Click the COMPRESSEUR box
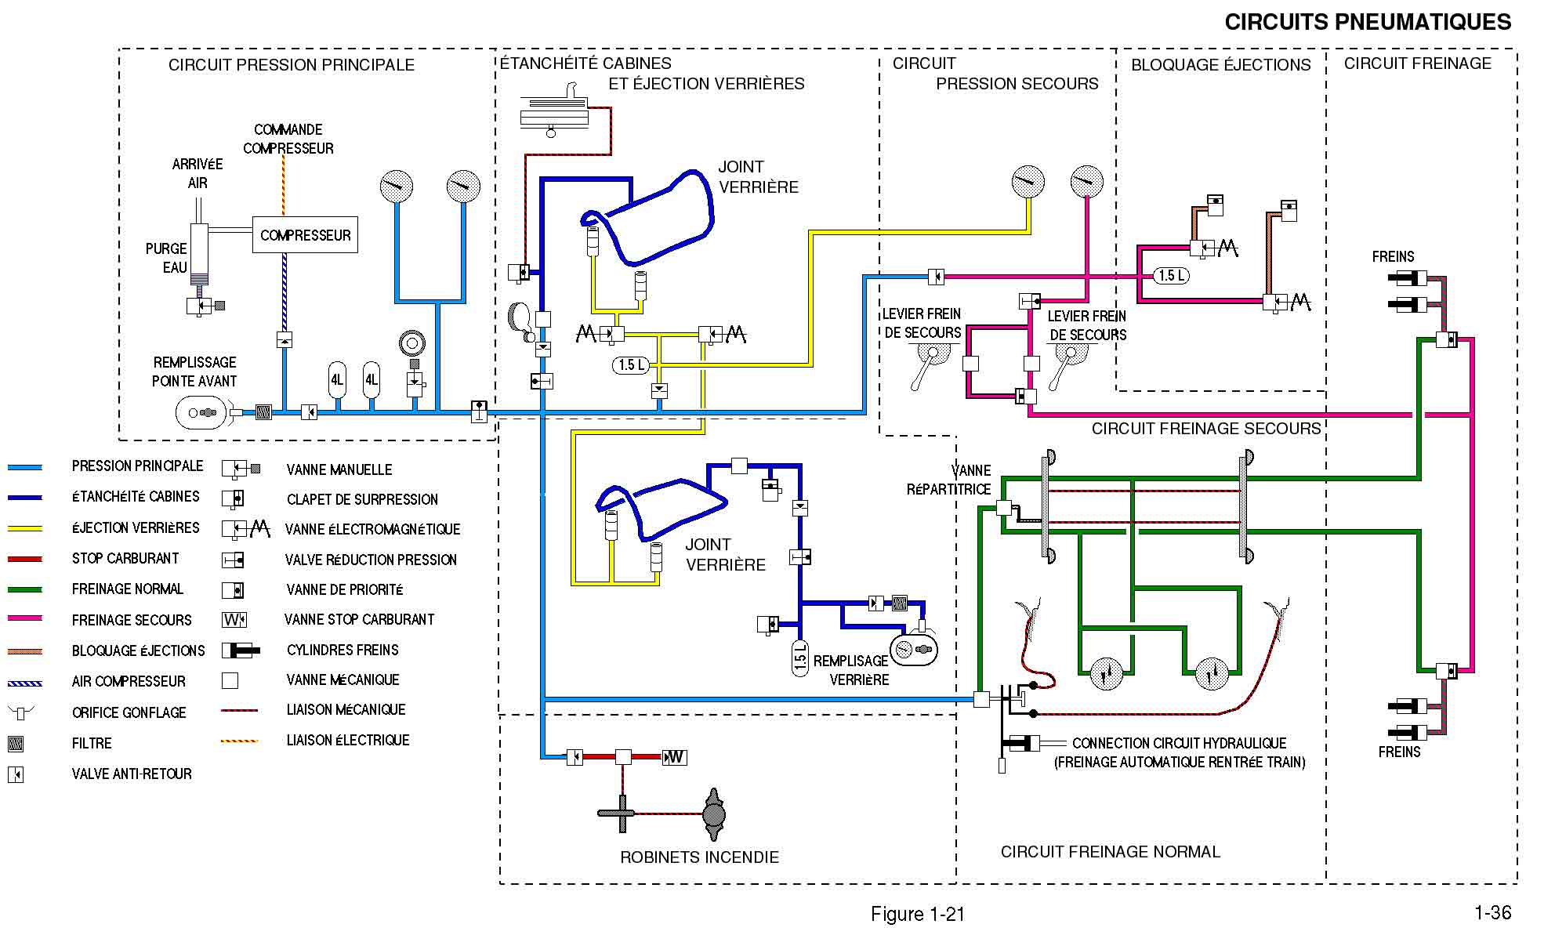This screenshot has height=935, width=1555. pyautogui.click(x=305, y=235)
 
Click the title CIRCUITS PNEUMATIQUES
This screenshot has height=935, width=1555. pyautogui.click(x=1368, y=22)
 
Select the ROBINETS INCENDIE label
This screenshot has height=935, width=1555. pyautogui.click(x=699, y=857)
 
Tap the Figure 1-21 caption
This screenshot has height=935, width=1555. pyautogui.click(x=918, y=914)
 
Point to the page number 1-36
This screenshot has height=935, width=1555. pyautogui.click(x=1492, y=912)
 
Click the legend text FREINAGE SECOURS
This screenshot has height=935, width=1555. pyautogui.click(x=132, y=620)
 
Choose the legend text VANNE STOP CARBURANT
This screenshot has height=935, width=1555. pyautogui.click(x=359, y=619)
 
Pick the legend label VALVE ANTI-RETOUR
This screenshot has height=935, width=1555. pyautogui.click(x=132, y=774)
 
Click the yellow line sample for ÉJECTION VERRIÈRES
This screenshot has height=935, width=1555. pyautogui.click(x=25, y=528)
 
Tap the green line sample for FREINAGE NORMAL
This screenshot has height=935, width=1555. pyautogui.click(x=25, y=589)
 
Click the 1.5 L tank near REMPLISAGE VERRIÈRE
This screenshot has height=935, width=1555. pyautogui.click(x=800, y=658)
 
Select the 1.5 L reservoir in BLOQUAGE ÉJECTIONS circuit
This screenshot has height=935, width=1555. pyautogui.click(x=1172, y=276)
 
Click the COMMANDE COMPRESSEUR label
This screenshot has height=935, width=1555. pyautogui.click(x=288, y=139)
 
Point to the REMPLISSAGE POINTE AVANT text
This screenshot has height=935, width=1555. pyautogui.click(x=194, y=371)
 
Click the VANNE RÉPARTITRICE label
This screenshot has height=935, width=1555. pyautogui.click(x=950, y=480)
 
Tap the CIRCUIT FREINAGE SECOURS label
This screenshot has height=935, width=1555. pyautogui.click(x=1206, y=429)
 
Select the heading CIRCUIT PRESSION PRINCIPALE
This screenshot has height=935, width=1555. pyautogui.click(x=292, y=65)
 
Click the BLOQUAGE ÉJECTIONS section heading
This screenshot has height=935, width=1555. pyautogui.click(x=1220, y=65)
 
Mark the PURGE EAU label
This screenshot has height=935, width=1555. pyautogui.click(x=166, y=258)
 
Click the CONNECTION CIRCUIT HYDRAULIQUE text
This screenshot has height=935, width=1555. pyautogui.click(x=1179, y=743)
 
